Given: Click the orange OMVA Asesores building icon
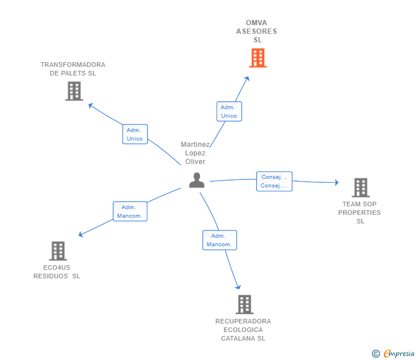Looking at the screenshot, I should (x=258, y=58).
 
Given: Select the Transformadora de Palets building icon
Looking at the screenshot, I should (x=74, y=91).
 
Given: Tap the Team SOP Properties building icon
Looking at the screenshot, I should (x=360, y=187).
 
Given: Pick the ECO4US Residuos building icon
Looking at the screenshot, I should (x=58, y=251).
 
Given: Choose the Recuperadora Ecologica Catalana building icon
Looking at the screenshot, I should (x=244, y=305).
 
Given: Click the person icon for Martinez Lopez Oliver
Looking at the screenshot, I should (x=197, y=180).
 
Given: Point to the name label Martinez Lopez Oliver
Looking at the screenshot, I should (x=195, y=153).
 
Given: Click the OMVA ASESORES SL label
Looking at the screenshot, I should (x=257, y=31).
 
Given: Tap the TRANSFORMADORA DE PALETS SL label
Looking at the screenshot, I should (x=73, y=69).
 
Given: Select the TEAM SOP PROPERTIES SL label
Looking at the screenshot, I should (x=359, y=213).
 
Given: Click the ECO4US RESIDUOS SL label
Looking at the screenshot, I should (x=57, y=271).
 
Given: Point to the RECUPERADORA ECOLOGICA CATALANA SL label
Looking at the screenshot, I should (x=243, y=330).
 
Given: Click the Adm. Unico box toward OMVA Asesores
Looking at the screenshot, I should (x=229, y=111).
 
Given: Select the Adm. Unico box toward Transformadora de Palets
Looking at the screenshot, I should (x=135, y=134).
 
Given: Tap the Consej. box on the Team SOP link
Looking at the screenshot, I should (x=274, y=181).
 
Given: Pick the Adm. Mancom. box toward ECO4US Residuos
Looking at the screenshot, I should (x=130, y=211).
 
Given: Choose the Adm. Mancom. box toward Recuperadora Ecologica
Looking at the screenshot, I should (x=219, y=240).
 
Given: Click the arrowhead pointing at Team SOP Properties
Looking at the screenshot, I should (x=337, y=183).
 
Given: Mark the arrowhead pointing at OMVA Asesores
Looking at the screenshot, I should (x=247, y=78).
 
